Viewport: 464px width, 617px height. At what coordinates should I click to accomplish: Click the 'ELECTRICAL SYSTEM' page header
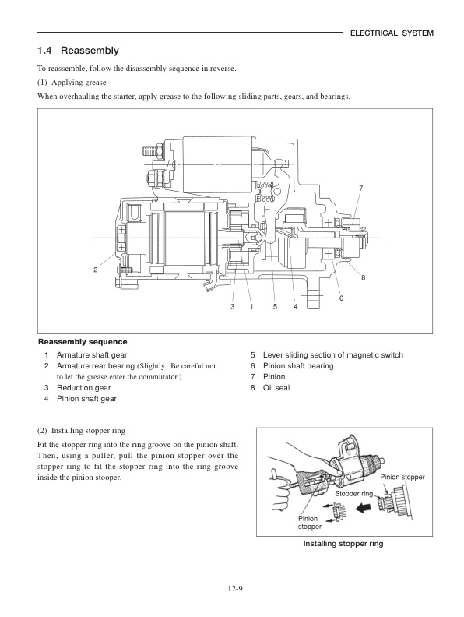pyautogui.click(x=391, y=33)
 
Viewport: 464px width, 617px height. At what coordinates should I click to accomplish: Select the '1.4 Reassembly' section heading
pyautogui.click(x=78, y=51)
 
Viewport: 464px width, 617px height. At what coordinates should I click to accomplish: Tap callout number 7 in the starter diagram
pyautogui.click(x=360, y=189)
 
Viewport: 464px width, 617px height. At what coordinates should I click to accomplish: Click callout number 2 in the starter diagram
pyautogui.click(x=95, y=270)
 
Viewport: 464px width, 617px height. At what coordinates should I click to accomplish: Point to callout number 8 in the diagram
pyautogui.click(x=363, y=278)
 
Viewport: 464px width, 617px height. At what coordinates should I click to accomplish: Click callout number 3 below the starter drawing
pyautogui.click(x=232, y=307)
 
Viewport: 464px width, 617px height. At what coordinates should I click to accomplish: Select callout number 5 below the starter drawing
pyautogui.click(x=275, y=307)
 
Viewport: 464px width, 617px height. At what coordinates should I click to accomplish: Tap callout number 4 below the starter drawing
pyautogui.click(x=296, y=307)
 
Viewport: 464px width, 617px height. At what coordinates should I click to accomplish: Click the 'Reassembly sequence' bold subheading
pyautogui.click(x=83, y=341)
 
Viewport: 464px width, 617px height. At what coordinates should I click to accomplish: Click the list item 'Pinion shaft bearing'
pyautogui.click(x=297, y=366)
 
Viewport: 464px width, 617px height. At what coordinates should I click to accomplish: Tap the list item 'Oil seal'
pyautogui.click(x=276, y=387)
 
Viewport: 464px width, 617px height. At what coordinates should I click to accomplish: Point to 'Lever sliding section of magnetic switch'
pyautogui.click(x=333, y=355)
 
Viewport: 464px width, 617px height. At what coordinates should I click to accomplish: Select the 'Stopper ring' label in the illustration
pyautogui.click(x=353, y=494)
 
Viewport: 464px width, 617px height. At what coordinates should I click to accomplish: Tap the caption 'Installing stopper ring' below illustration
pyautogui.click(x=343, y=545)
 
